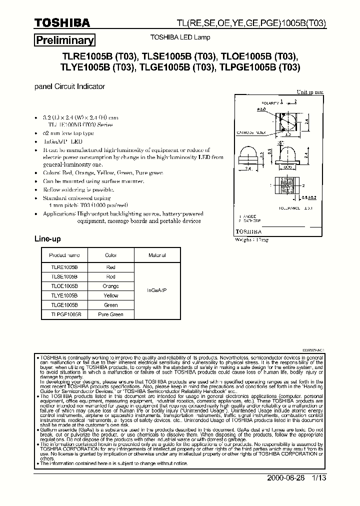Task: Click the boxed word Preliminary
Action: coord(64,40)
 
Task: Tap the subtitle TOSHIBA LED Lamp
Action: coord(180,37)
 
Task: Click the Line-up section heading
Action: coord(47,239)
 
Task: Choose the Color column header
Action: coord(110,255)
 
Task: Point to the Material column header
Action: coord(157,255)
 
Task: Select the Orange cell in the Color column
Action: coord(110,286)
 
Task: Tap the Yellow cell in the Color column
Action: coord(110,295)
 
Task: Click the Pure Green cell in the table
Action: coord(110,314)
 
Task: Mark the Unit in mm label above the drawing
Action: coord(310,92)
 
